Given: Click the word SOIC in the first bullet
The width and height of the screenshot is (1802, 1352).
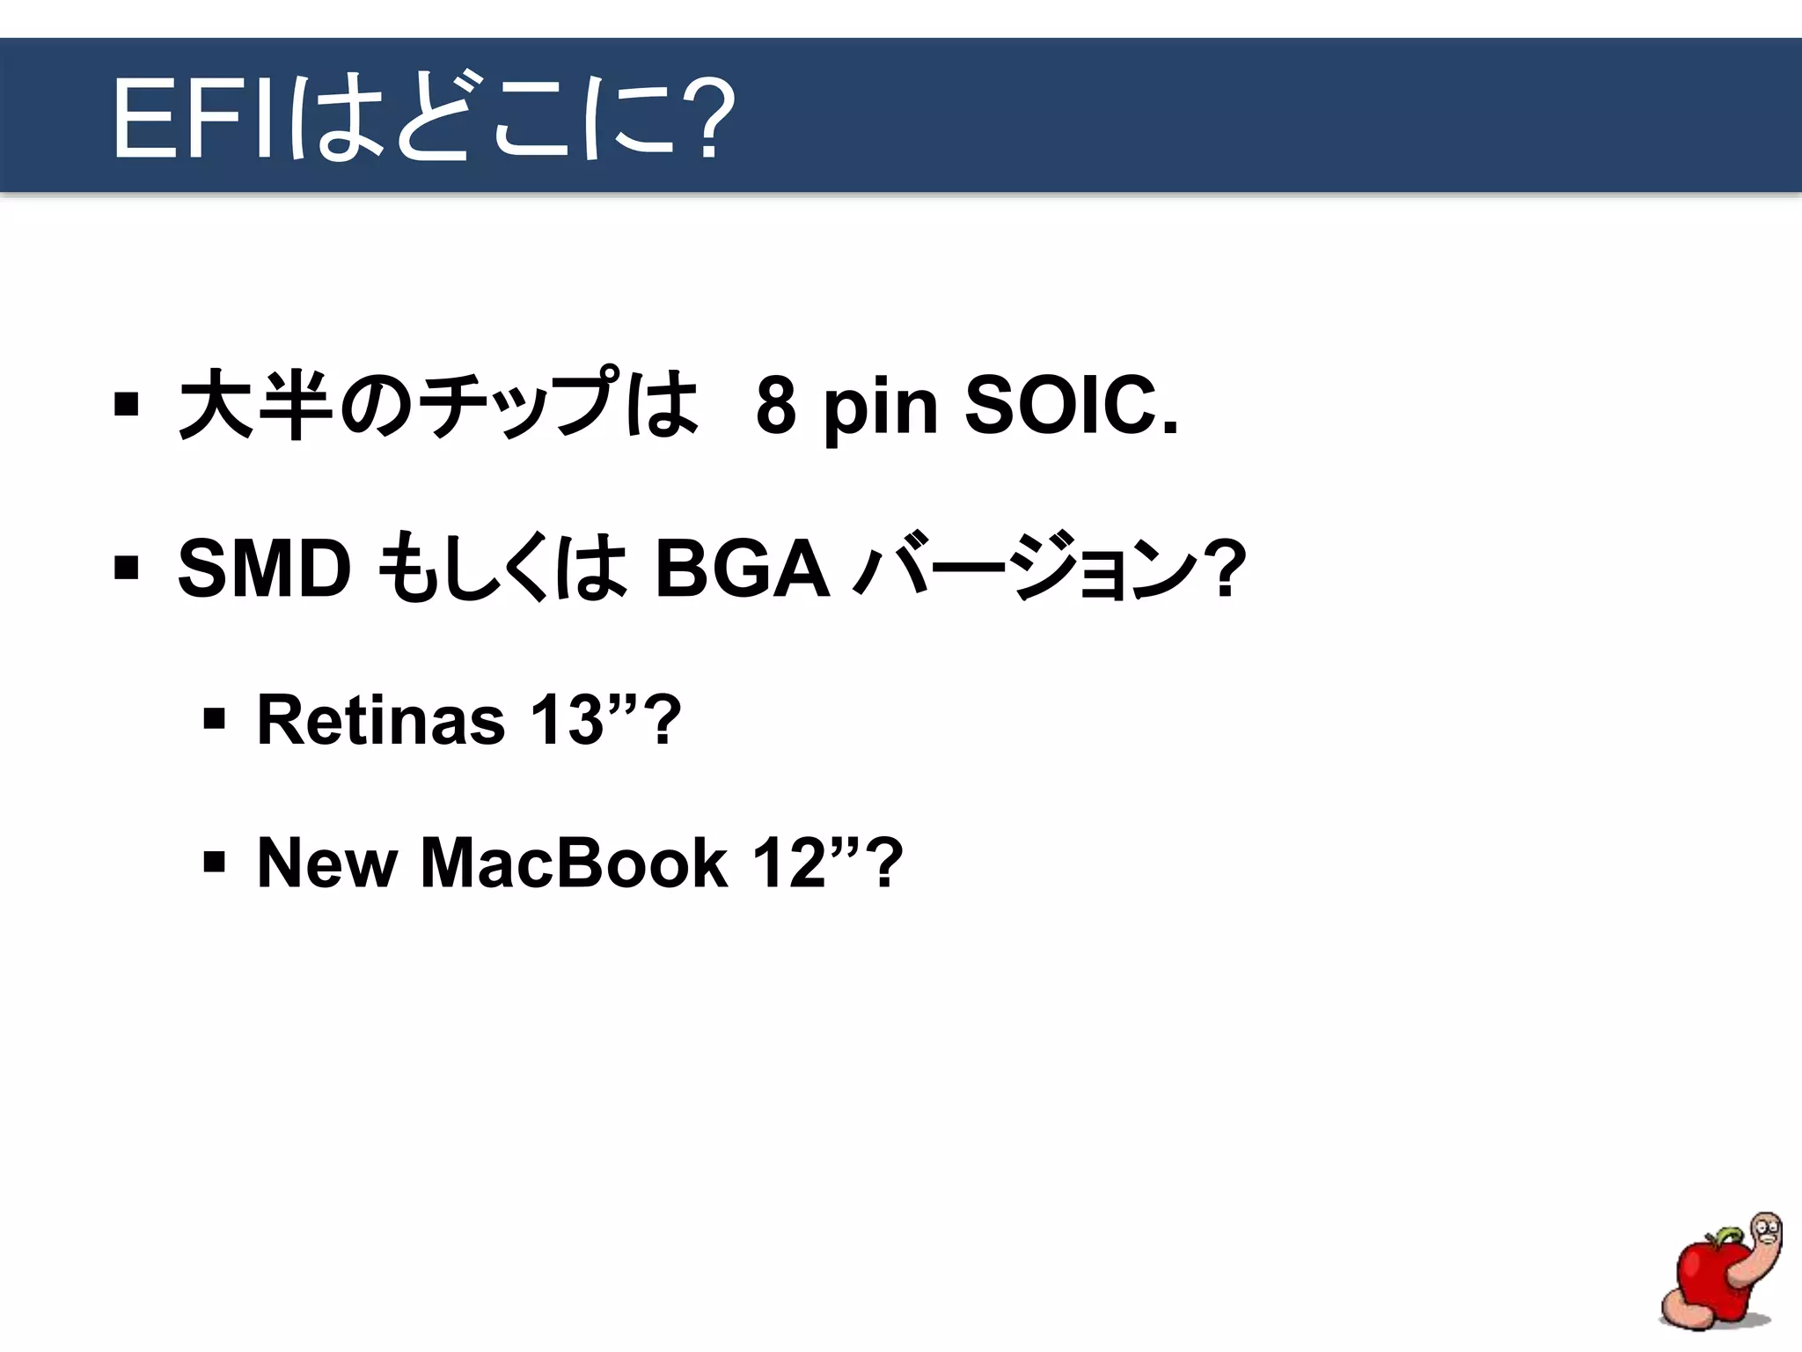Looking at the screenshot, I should pyautogui.click(x=1071, y=407).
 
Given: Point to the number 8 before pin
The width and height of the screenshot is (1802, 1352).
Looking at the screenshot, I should pyautogui.click(x=776, y=407).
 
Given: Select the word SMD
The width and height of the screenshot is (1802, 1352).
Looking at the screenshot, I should pyautogui.click(x=264, y=569).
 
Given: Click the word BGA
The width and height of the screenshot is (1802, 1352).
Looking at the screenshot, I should pyautogui.click(x=742, y=569).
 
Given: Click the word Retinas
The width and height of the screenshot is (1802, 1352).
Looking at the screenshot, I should pyautogui.click(x=380, y=719).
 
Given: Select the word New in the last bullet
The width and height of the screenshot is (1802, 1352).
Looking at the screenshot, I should pyautogui.click(x=326, y=863).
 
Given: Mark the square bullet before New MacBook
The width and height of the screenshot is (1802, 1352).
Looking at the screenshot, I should pyautogui.click(x=214, y=861).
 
